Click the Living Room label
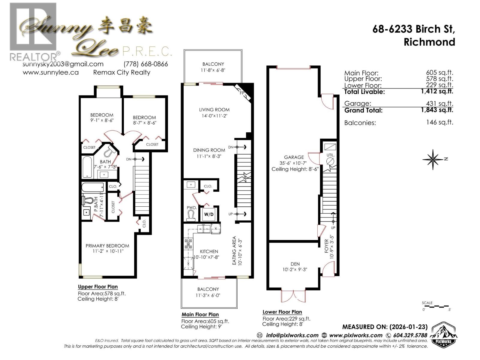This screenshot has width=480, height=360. [x=214, y=110]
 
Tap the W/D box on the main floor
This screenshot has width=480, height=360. [x=209, y=214]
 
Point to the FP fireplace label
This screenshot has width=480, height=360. [x=242, y=93]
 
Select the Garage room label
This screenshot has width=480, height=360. [x=294, y=157]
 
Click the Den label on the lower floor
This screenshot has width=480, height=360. [x=295, y=264]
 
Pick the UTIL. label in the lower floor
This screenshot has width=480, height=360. [x=331, y=155]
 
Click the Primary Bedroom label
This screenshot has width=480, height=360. [x=107, y=246]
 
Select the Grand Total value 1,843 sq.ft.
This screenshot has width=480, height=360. [x=437, y=110]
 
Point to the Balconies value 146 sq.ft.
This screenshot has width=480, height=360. [x=439, y=122]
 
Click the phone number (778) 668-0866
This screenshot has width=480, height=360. [x=146, y=64]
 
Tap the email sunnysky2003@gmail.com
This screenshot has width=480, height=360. [x=63, y=64]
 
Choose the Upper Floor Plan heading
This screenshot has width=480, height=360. [x=98, y=287]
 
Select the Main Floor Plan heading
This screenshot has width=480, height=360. [x=200, y=315]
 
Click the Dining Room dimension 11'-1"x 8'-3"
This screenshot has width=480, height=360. [x=209, y=156]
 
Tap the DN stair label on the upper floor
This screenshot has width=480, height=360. [x=129, y=159]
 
